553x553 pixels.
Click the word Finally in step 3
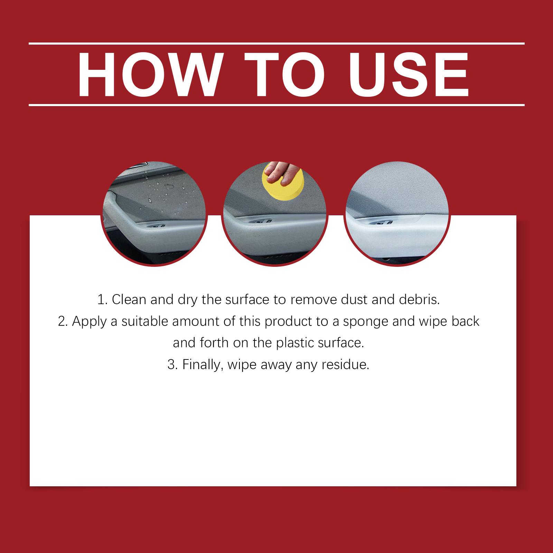click(202, 365)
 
